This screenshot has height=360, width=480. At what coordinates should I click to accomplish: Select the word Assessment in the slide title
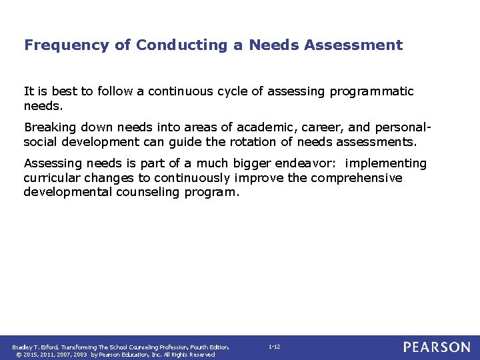pyautogui.click(x=360, y=45)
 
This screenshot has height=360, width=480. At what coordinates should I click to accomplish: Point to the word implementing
pyautogui.click(x=386, y=163)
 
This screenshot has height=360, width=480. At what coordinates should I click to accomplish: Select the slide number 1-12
pyautogui.click(x=274, y=347)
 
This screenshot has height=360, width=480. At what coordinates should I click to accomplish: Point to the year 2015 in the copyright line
pyautogui.click(x=29, y=355)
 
